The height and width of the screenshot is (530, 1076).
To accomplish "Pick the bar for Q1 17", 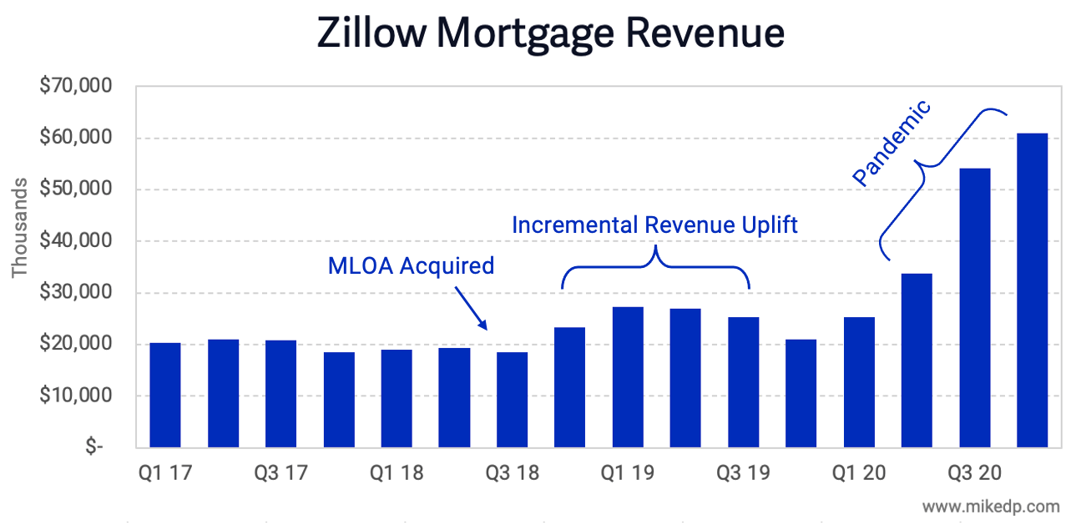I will (164, 394).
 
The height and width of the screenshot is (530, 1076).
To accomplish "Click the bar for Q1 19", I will (628, 376).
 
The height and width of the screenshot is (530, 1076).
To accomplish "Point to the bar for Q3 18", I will (512, 399).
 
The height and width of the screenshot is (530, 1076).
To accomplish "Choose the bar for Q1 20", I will (859, 381).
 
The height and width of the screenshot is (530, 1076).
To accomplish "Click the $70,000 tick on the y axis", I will (78, 87).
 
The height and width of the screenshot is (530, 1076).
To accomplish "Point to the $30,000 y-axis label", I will (78, 293).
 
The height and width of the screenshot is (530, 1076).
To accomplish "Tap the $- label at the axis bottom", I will (93, 447).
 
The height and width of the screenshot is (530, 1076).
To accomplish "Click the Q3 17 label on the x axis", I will (280, 473).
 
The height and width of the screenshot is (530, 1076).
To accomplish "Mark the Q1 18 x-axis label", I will (397, 473).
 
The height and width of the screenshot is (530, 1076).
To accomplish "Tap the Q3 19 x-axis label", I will (743, 473).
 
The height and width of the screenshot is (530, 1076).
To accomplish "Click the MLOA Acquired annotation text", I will (411, 266).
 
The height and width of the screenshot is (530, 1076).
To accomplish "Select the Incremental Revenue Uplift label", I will (654, 225).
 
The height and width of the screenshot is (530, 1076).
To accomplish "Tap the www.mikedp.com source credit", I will (991, 506).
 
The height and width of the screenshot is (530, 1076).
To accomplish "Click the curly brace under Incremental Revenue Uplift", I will (655, 265).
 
